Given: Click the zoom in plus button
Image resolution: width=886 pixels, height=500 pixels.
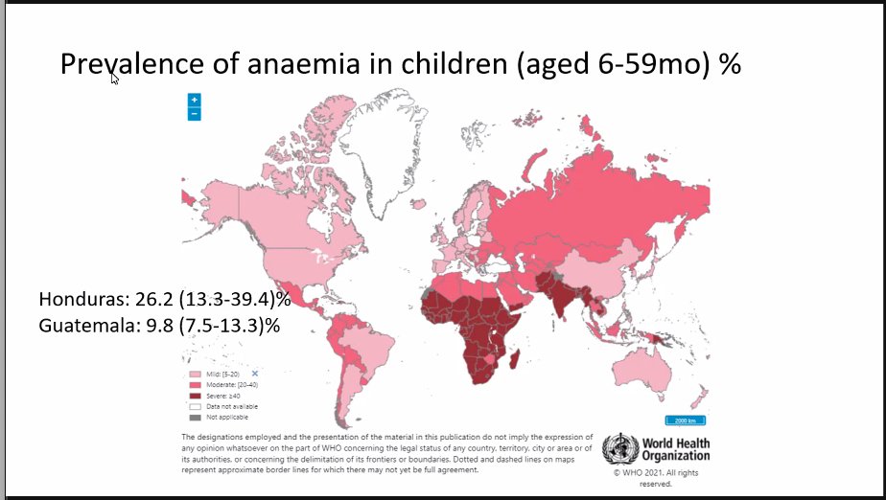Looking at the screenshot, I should pyautogui.click(x=194, y=100).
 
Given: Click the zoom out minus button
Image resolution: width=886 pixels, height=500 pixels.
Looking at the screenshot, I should pyautogui.click(x=194, y=114).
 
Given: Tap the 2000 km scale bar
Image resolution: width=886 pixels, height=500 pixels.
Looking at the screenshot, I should pyautogui.click(x=687, y=420).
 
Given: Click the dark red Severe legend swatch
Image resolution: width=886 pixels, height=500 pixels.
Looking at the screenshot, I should pyautogui.click(x=196, y=395).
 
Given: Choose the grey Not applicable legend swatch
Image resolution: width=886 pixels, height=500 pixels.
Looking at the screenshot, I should pyautogui.click(x=196, y=418).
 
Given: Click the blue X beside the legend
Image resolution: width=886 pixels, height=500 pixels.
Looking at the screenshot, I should pyautogui.click(x=255, y=372).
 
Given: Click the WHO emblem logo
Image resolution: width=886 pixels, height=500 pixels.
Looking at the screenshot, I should pyautogui.click(x=619, y=449).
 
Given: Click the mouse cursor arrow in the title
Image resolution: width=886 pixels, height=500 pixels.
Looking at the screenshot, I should pyautogui.click(x=114, y=78).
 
